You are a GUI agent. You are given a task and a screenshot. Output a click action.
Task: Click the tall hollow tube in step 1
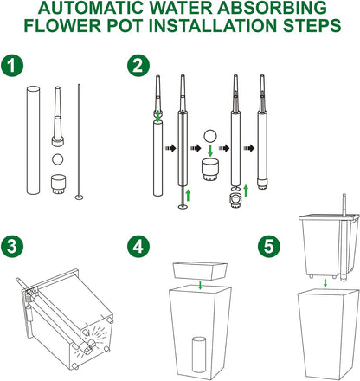[x=33, y=139]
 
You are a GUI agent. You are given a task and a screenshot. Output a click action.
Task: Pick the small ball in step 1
[x=58, y=159]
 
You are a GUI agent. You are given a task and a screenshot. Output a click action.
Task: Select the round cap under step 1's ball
[x=58, y=183]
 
